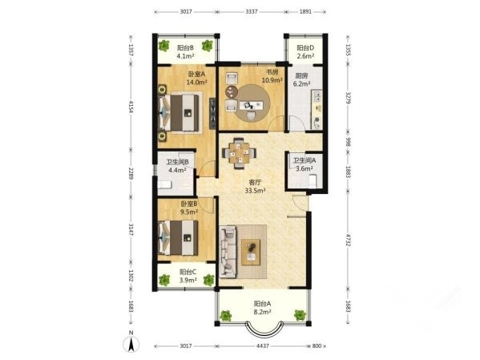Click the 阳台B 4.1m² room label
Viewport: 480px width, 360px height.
[186, 52]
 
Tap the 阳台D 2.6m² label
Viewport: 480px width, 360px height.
[305, 52]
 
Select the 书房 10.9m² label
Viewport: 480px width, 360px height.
[272, 76]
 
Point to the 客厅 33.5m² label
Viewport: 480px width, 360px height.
[255, 186]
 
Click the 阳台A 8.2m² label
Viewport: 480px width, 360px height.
[263, 308]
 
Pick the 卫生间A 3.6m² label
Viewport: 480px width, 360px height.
[305, 164]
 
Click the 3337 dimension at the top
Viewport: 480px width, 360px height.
[252, 12]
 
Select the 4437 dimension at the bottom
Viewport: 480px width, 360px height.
[263, 346]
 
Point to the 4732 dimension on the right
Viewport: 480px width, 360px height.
[348, 240]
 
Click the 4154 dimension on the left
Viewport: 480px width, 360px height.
[131, 107]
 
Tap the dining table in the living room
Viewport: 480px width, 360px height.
[239, 153]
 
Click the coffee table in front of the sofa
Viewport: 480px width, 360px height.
[251, 252]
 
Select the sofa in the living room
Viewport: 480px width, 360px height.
[228, 252]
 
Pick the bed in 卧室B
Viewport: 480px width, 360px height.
[178, 238]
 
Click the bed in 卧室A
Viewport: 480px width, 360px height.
[179, 113]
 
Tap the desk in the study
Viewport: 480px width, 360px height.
[251, 105]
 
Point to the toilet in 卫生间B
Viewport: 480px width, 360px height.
[165, 184]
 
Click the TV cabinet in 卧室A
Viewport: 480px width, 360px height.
[212, 113]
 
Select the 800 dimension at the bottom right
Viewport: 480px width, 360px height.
[317, 346]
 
